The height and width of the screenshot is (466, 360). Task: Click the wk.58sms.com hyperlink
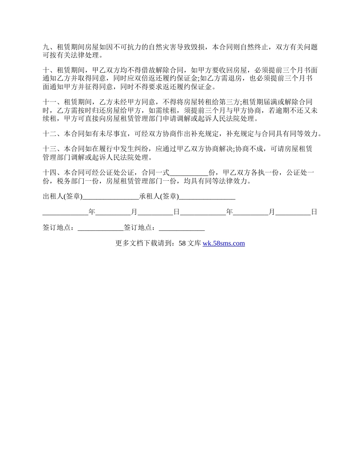[224, 243]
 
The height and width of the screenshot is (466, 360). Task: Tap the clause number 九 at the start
[46, 47]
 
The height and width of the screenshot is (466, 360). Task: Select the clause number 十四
[49, 173]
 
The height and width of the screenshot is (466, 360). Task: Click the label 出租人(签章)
[63, 196]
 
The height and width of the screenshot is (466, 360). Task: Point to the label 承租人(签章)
[159, 196]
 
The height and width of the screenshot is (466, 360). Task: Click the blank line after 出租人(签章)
[111, 197]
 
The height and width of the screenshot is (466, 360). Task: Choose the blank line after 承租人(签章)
[207, 197]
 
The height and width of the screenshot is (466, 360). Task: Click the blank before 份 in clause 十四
[189, 174]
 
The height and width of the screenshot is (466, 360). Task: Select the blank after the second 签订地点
[182, 228]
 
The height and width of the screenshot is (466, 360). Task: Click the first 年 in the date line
[92, 212]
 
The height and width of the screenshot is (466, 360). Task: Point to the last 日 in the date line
[314, 212]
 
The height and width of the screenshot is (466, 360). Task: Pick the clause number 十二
[49, 133]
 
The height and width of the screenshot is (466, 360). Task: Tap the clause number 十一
[49, 102]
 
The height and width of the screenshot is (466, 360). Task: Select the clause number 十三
[49, 149]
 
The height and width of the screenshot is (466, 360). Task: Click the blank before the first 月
[113, 213]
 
